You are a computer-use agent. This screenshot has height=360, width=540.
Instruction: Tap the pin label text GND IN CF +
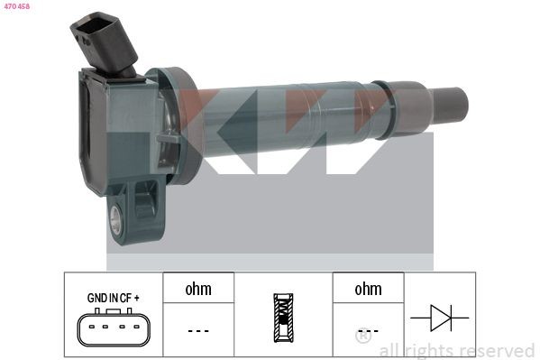pyautogui.click(x=113, y=297)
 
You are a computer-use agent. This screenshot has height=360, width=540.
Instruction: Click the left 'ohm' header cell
pyautogui.click(x=198, y=290)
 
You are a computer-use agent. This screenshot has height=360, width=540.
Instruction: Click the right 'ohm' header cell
pyautogui.click(x=368, y=290)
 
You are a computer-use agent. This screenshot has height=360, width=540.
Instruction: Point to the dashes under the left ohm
pyautogui.click(x=198, y=330)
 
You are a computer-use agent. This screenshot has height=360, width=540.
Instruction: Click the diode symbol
pyautogui.click(x=440, y=318)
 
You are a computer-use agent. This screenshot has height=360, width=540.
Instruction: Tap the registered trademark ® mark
pyautogui.click(x=362, y=337)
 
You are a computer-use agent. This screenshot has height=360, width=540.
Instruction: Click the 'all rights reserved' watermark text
pyautogui.click(x=456, y=350)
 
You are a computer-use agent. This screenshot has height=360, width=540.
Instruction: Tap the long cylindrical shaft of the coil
pyautogui.click(x=288, y=122)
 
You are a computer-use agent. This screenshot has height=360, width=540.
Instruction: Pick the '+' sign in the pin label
pyautogui.click(x=139, y=297)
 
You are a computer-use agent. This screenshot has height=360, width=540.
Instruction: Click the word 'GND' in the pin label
pyautogui.click(x=96, y=297)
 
